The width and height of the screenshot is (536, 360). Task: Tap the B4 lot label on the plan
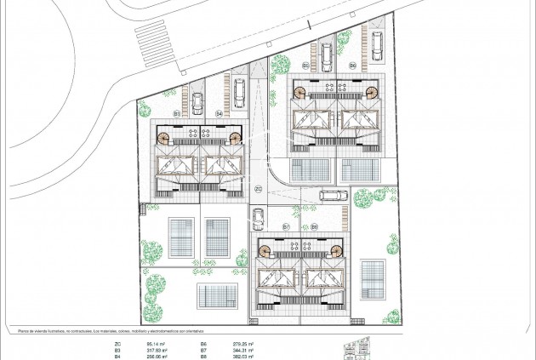point(219,112)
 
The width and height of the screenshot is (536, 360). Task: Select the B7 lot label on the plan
point(286,226)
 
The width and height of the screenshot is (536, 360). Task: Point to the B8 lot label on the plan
point(314,226)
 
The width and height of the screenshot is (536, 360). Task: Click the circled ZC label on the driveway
point(258,189)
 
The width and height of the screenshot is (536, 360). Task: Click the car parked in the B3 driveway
point(197,103)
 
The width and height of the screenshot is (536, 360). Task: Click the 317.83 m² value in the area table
point(140,348)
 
